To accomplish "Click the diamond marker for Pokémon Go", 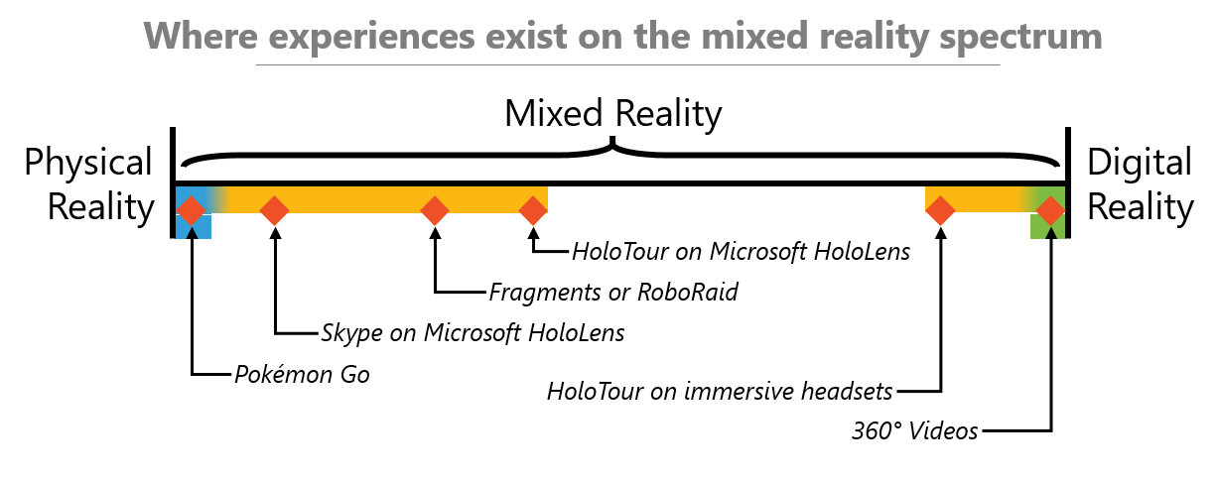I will click(191, 210).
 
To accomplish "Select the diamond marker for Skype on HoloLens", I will click(274, 210).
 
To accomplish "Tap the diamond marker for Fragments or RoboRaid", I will click(434, 210).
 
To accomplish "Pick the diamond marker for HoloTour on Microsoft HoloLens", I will click(533, 210).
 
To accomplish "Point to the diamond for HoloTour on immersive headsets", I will click(940, 210).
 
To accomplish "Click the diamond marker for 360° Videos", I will click(1050, 210).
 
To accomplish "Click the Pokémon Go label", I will click(302, 375).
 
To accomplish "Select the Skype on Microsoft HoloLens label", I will click(473, 332).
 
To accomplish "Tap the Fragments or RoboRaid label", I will click(613, 293).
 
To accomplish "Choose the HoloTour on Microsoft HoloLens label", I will click(741, 252).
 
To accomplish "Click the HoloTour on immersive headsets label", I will click(720, 390).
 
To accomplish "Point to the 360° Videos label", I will click(914, 430).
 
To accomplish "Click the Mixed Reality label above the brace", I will click(612, 114).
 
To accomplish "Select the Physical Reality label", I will click(89, 184).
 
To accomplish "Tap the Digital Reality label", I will click(1140, 184).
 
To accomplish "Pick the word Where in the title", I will click(204, 36).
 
